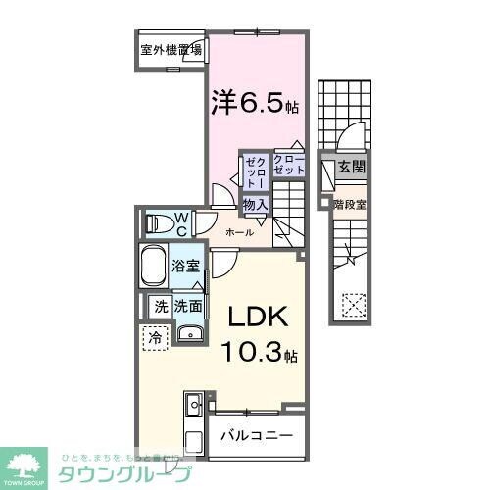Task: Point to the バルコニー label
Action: pyautogui.click(x=255, y=434)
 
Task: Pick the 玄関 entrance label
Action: pyautogui.click(x=351, y=168)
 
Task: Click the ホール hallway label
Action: pyautogui.click(x=240, y=232)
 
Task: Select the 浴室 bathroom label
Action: pyautogui.click(x=187, y=265)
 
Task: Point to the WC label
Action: pyautogui.click(x=183, y=222)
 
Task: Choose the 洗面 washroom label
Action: pyautogui.click(x=189, y=306)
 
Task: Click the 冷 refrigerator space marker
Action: pyautogui.click(x=156, y=337)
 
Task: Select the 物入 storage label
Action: pyautogui.click(x=255, y=204)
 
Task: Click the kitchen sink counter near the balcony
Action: pyautogui.click(x=193, y=416)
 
